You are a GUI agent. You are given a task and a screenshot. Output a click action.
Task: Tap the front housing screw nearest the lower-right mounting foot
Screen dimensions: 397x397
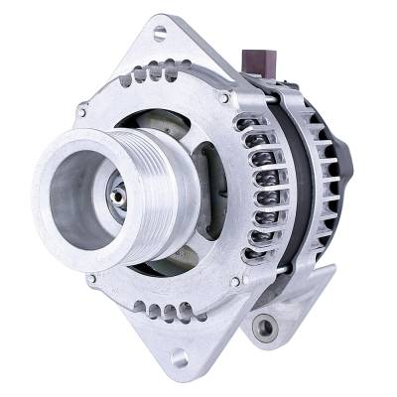pyautogui.click(x=235, y=281)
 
